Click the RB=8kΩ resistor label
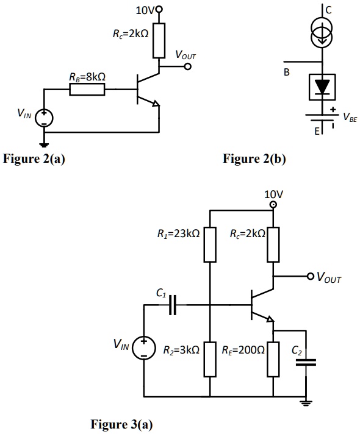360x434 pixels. (88, 77)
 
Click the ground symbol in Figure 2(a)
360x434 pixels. (45, 144)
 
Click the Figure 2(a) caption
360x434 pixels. (34, 160)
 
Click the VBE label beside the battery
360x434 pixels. (350, 118)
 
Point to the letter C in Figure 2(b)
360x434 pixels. (328, 10)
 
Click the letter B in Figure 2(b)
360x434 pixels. (286, 73)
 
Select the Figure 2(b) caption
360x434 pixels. (254, 160)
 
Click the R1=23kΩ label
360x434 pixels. (175, 233)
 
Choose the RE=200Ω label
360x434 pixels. (242, 350)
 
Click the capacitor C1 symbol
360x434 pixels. (173, 304)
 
